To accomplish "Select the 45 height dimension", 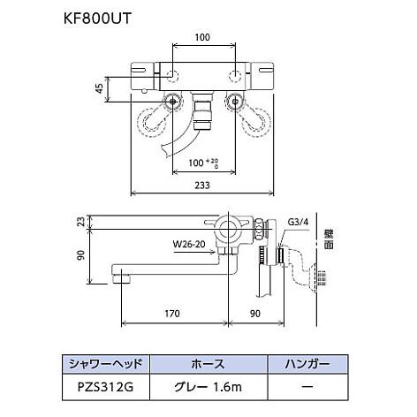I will tap(101, 88).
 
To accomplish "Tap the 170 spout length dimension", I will tap(173, 312).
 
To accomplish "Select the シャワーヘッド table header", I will tap(110, 362).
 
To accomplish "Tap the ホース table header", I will tap(208, 362).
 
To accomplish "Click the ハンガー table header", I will tap(307, 362).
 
